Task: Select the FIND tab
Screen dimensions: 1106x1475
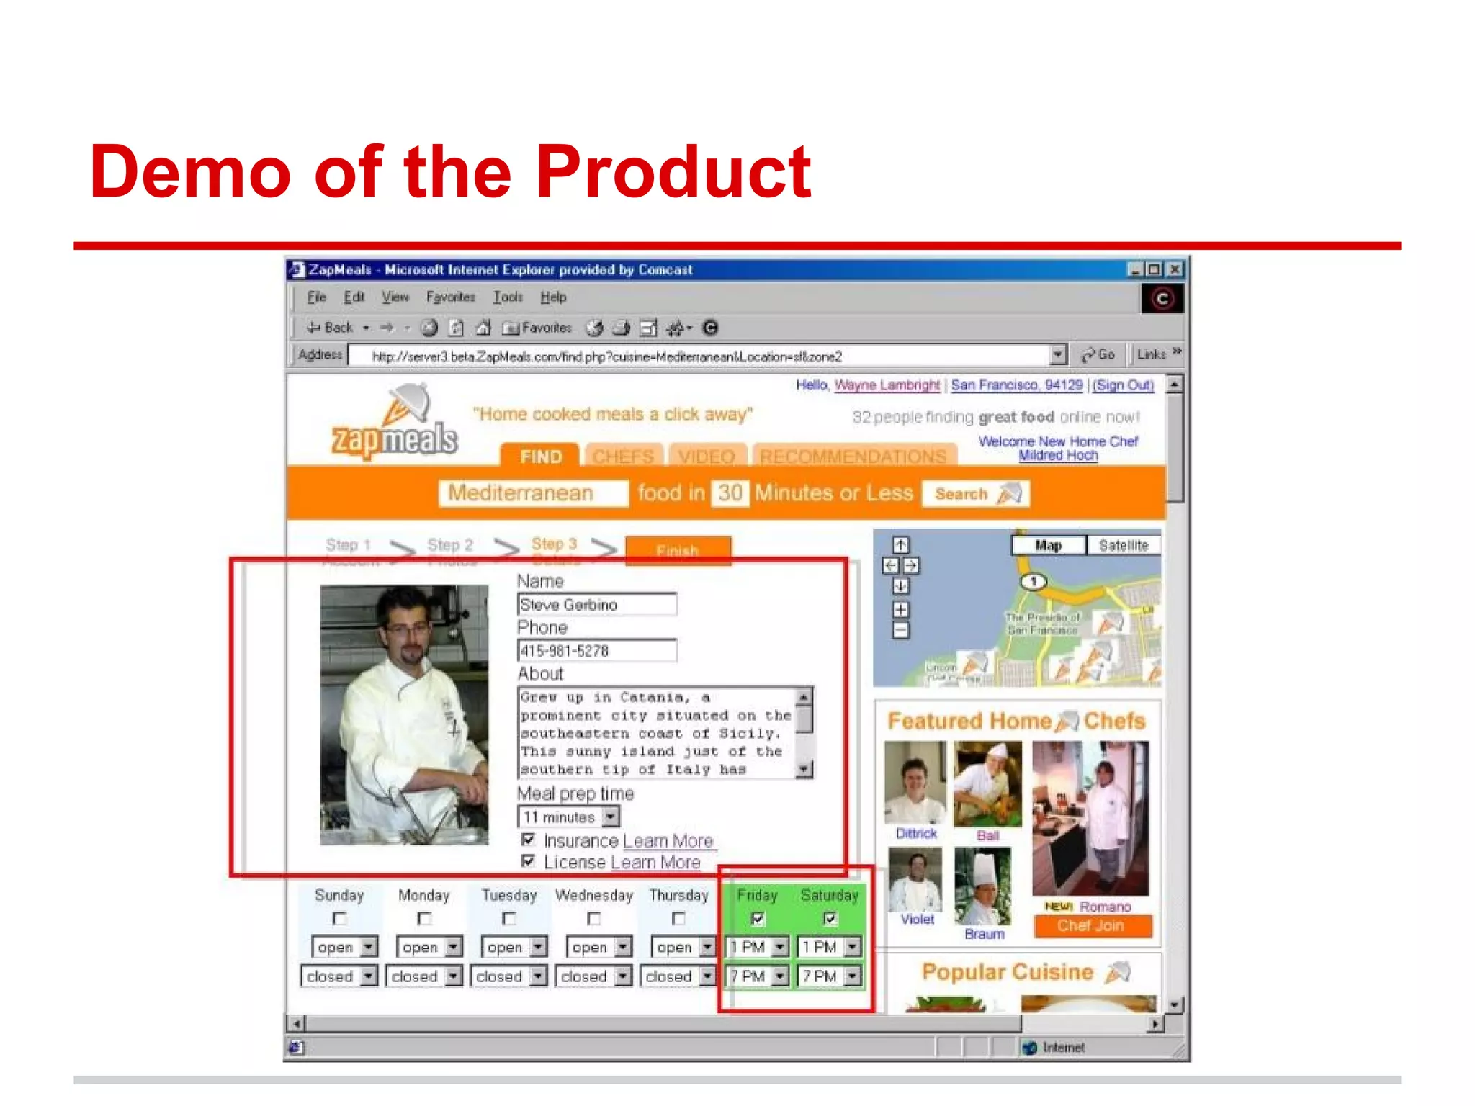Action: tap(540, 457)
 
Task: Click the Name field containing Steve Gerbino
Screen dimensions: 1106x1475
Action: tap(596, 605)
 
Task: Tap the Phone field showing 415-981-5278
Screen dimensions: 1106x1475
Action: tap(596, 651)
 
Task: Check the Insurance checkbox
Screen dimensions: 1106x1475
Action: tap(529, 840)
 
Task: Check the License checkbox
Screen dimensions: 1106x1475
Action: tap(529, 861)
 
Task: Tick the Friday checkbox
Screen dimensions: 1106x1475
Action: tap(758, 918)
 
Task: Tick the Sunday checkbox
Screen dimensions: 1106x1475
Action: tap(339, 919)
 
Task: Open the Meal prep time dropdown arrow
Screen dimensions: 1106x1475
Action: tap(611, 817)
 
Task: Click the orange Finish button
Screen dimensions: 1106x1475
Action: tap(678, 551)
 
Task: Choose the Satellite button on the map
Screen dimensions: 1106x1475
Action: tap(1123, 545)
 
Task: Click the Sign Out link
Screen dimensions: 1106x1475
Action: tap(1124, 385)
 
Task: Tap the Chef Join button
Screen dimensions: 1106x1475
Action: tap(1092, 926)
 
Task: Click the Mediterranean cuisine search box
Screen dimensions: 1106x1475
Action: tap(532, 493)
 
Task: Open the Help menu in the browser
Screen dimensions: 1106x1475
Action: tap(553, 297)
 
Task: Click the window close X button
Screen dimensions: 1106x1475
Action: tap(1175, 269)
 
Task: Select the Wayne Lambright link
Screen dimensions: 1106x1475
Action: tap(887, 385)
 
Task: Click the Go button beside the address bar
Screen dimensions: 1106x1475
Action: tap(1098, 354)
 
